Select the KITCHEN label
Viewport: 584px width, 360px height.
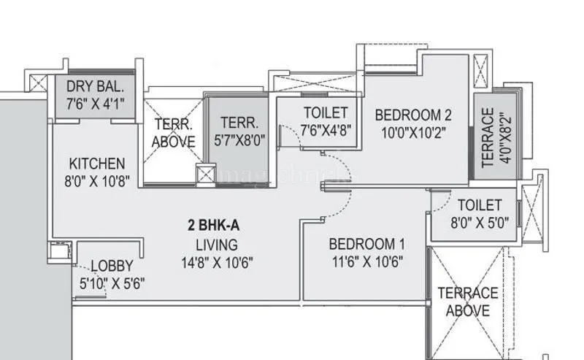point(97,163)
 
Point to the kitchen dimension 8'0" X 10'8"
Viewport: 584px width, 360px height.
point(98,180)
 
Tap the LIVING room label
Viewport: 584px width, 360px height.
point(216,245)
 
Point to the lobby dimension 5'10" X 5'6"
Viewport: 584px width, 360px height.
point(112,284)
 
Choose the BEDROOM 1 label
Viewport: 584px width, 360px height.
point(366,244)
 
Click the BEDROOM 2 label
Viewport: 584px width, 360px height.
point(413,115)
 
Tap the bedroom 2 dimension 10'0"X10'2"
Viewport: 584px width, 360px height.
point(413,132)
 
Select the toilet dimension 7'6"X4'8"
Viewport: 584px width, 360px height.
point(326,131)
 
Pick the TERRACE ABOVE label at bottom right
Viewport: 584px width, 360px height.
point(468,302)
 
